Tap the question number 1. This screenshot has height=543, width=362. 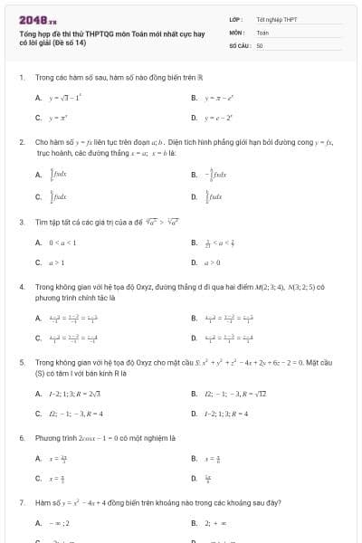[x=21, y=77]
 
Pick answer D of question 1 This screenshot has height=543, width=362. [x=219, y=118]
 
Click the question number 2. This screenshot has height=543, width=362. [x=21, y=142]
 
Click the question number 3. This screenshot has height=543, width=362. [x=21, y=221]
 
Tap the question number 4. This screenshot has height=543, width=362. [x=21, y=286]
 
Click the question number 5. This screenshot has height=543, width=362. [x=21, y=360]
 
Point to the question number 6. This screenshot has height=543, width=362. [x=21, y=438]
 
